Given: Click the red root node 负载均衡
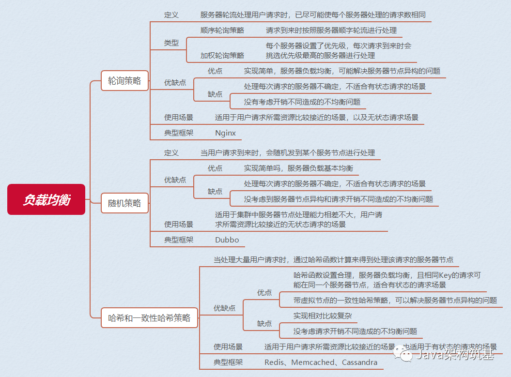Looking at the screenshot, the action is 46,199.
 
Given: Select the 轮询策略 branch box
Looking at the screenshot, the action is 124,81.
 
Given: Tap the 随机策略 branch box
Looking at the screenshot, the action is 124,203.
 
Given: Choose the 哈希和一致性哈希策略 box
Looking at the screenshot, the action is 149,318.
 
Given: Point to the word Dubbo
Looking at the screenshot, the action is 227,240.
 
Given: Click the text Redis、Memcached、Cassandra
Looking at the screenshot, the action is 321,362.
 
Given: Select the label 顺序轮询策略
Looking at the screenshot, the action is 222,30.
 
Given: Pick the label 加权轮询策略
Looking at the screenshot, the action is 222,55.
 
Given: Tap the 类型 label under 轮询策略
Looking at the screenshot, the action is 171,43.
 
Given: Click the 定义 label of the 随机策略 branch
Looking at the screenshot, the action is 171,152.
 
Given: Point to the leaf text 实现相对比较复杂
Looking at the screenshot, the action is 323,316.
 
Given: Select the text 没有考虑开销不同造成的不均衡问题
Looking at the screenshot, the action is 302,102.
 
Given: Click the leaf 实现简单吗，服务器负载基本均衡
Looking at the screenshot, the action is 298,168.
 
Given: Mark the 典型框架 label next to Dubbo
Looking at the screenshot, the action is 179,240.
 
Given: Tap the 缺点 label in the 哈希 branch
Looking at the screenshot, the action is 264,323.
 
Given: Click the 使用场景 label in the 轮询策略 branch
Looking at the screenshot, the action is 179,117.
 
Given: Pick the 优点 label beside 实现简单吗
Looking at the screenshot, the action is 215,168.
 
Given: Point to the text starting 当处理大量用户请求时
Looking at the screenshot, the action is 334,259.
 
